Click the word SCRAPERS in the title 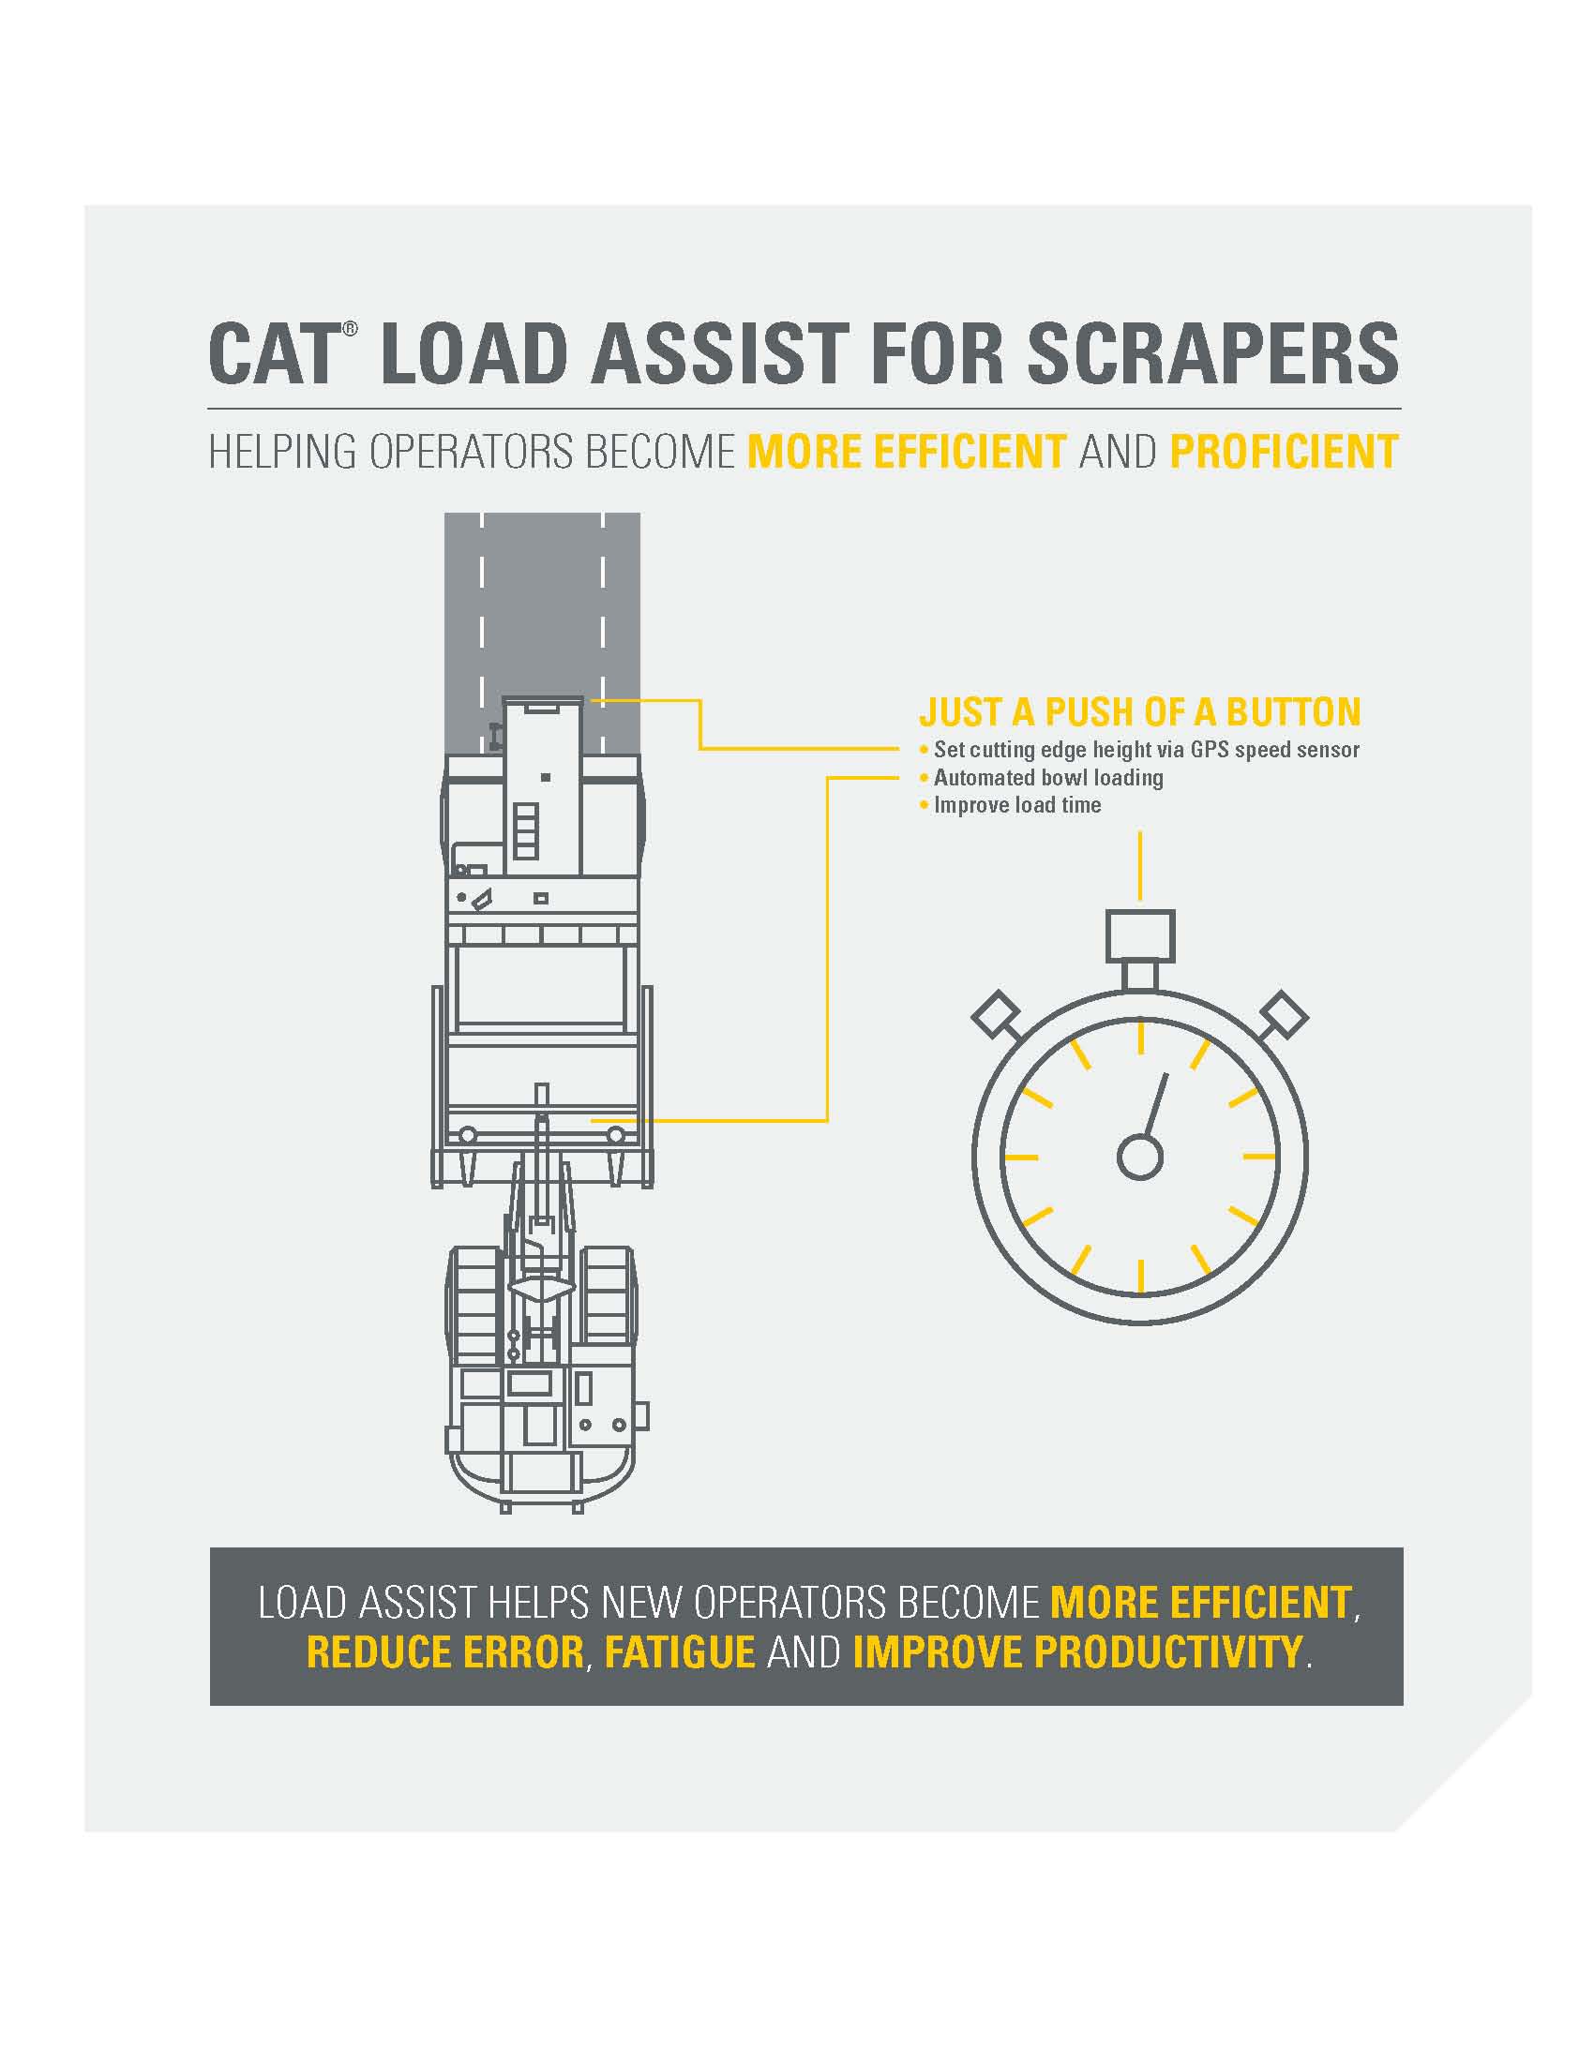[x=1212, y=354]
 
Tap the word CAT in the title [x=272, y=354]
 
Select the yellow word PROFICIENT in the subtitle [x=1284, y=452]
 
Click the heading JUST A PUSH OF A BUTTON [x=1140, y=712]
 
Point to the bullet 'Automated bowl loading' [x=1047, y=777]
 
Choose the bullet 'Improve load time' [x=1016, y=805]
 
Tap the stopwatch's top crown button [x=1140, y=935]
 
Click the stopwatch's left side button [x=996, y=1015]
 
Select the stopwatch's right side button [x=1285, y=1015]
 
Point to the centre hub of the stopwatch [x=1140, y=1157]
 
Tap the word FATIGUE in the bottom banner [x=679, y=1652]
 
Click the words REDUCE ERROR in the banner [x=444, y=1652]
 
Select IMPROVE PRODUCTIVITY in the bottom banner [x=1076, y=1652]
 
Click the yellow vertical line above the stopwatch [x=1140, y=865]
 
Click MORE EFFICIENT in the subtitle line [x=907, y=452]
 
